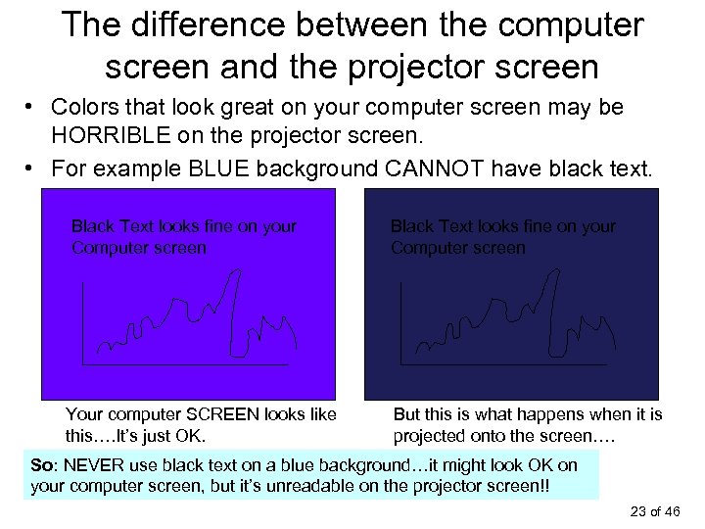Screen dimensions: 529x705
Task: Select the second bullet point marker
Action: click(x=33, y=166)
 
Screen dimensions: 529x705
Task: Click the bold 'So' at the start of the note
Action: click(x=41, y=464)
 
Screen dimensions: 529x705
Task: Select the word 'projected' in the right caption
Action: click(x=434, y=435)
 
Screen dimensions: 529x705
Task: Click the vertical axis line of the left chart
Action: click(x=84, y=323)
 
